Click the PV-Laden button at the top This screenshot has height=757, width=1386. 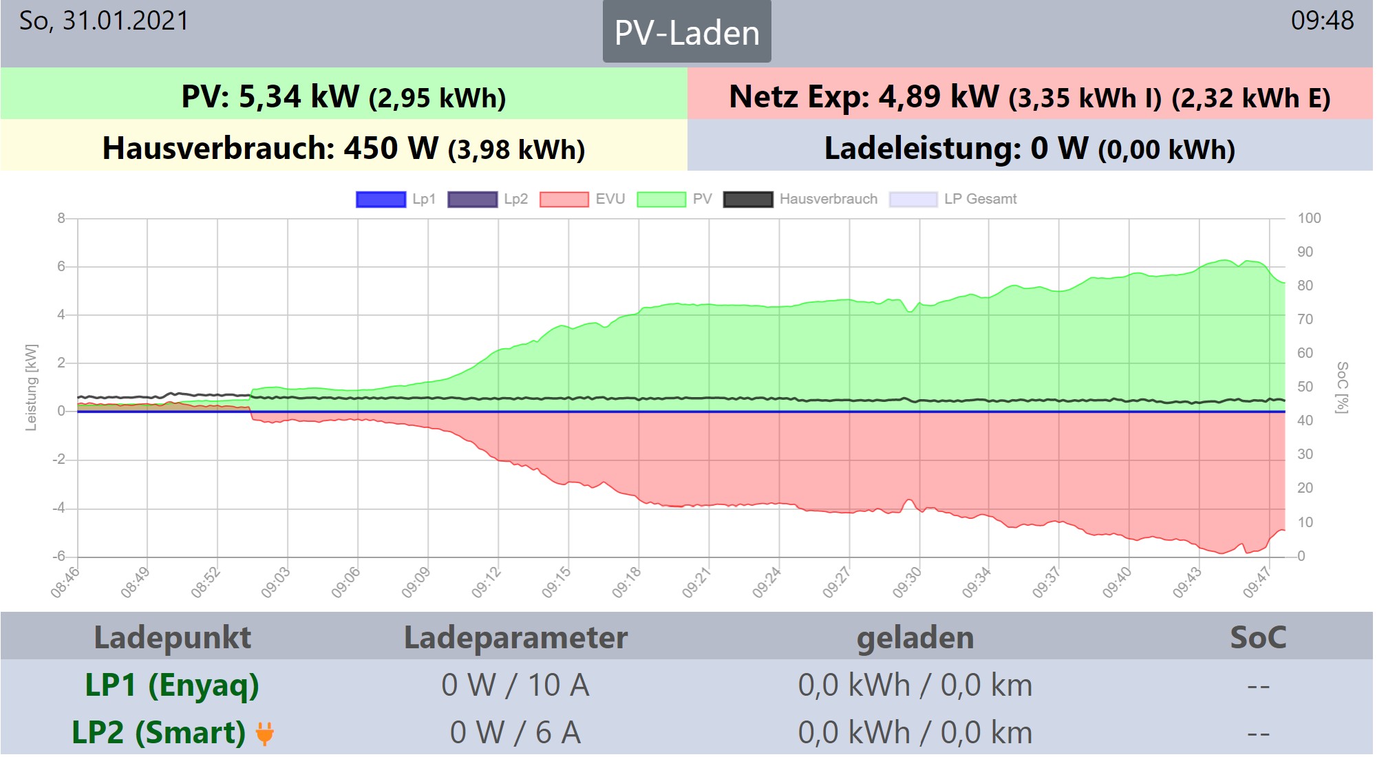click(x=686, y=32)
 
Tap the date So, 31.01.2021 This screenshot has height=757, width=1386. click(x=104, y=21)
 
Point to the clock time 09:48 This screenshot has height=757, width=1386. click(x=1322, y=21)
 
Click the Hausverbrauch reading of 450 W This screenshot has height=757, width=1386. click(x=391, y=148)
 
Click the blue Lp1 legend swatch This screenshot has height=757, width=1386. click(x=381, y=200)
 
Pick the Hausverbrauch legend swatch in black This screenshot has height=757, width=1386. click(x=748, y=200)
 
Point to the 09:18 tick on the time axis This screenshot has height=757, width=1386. click(x=626, y=582)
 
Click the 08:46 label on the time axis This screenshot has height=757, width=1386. click(x=65, y=582)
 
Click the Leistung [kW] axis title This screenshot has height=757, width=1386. click(x=31, y=387)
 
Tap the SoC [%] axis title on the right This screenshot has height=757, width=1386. click(x=1342, y=387)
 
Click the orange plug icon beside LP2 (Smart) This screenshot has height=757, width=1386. click(x=265, y=734)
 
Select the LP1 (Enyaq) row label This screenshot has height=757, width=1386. click(x=172, y=685)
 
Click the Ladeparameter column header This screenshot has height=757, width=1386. click(x=515, y=637)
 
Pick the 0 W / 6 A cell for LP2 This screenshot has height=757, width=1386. click(x=515, y=733)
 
